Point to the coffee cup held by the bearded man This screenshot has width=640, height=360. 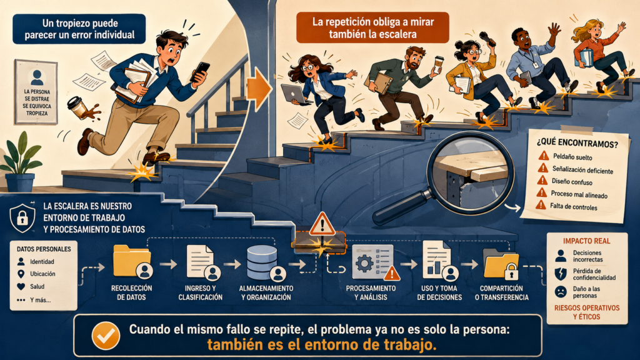coord(438,64)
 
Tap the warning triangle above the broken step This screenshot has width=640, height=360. coord(322,223)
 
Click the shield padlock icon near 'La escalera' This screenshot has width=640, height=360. coord(22,217)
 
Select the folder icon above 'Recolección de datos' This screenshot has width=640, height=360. coord(132,262)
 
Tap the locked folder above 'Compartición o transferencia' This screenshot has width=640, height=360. coord(501,264)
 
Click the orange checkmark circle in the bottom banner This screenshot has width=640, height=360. coord(106,336)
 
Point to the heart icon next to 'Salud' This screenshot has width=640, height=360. coord(21,287)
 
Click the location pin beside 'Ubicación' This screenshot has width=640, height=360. coord(21,274)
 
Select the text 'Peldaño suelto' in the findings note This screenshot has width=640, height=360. coord(572,157)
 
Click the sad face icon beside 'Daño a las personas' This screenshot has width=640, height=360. coord(561,291)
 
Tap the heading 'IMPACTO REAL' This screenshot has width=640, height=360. coord(586,241)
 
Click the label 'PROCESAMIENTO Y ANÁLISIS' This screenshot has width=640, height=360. coord(371,292)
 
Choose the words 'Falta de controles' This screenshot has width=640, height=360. coord(573,206)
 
